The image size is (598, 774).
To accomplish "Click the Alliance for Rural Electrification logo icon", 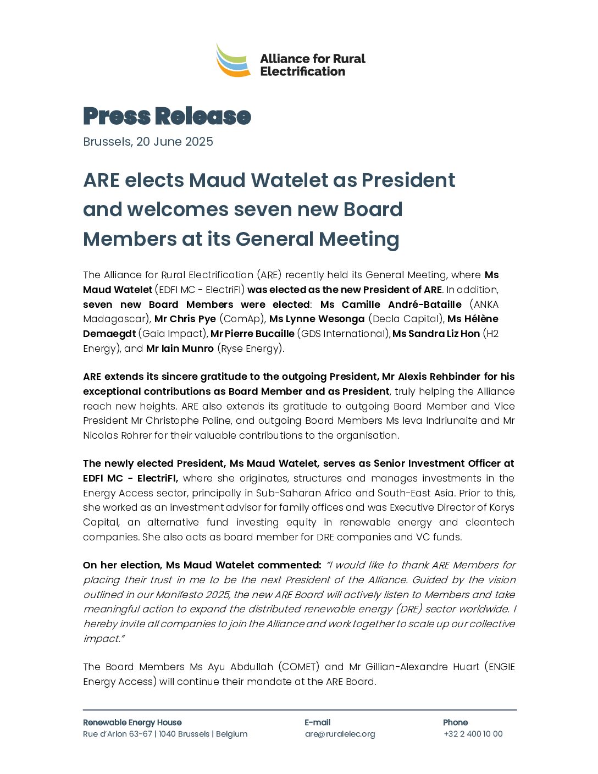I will coord(233,60).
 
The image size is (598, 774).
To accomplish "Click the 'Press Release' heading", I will coord(167,116).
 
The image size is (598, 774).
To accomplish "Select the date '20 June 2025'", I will coord(174,142).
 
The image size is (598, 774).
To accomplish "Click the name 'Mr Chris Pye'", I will coord(185,319).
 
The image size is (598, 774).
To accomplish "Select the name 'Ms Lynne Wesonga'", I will coord(317,319).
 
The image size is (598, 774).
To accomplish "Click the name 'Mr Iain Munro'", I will coord(180,349).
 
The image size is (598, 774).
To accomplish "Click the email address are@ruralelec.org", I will coord(340,734).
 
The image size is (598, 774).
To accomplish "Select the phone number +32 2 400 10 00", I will coord(473,734).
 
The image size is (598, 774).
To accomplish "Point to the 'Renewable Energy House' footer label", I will coord(132,722).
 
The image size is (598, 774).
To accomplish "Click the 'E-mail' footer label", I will coord(317,722).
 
